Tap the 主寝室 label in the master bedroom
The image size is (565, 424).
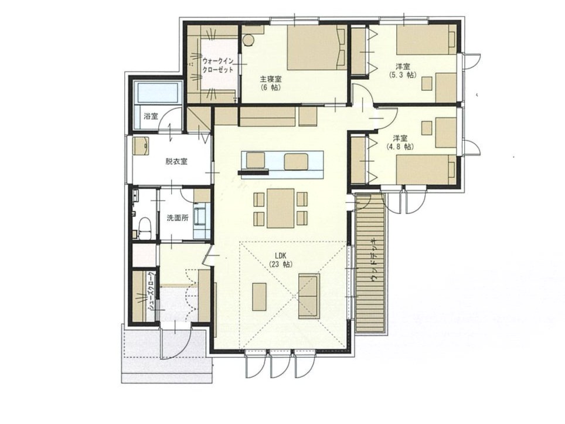pyautogui.click(x=271, y=79)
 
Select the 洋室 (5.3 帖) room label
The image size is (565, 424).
pyautogui.click(x=403, y=70)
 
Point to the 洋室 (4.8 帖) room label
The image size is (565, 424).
pyautogui.click(x=400, y=143)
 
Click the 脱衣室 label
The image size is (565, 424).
pyautogui.click(x=176, y=161)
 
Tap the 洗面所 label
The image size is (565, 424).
pyautogui.click(x=177, y=218)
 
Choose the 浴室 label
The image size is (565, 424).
pyautogui.click(x=151, y=116)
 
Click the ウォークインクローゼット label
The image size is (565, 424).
pyautogui.click(x=218, y=65)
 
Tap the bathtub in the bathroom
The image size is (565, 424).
pyautogui.click(x=157, y=91)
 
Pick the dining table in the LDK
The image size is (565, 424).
pyautogui.click(x=281, y=208)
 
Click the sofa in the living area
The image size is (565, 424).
pyautogui.click(x=309, y=296)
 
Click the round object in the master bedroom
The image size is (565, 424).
pyautogui.click(x=248, y=40)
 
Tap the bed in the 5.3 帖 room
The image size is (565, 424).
pyautogui.click(x=426, y=39)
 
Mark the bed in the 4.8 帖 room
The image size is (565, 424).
pyautogui.click(x=426, y=169)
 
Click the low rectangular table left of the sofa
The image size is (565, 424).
pyautogui.click(x=260, y=297)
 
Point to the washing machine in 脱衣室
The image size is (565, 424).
pyautogui.click(x=141, y=145)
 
